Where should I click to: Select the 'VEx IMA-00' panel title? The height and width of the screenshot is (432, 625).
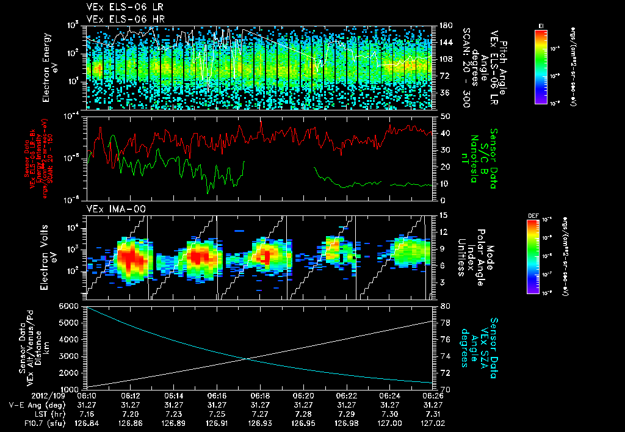pyautogui.click(x=112, y=209)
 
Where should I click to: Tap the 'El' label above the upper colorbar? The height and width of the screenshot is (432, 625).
pyautogui.click(x=541, y=25)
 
